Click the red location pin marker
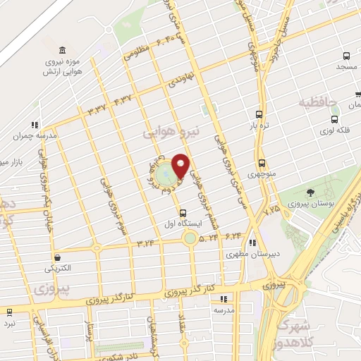tap(180, 166)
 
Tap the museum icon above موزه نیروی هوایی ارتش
tap(64, 50)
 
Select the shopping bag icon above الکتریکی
tap(57, 257)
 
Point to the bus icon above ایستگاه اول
tap(183, 212)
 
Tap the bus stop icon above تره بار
tap(259, 114)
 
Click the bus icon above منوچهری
tap(261, 161)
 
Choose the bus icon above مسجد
tap(346, 56)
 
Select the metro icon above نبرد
tap(9, 312)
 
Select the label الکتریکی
tap(58, 269)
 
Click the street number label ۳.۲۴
tap(145, 243)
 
